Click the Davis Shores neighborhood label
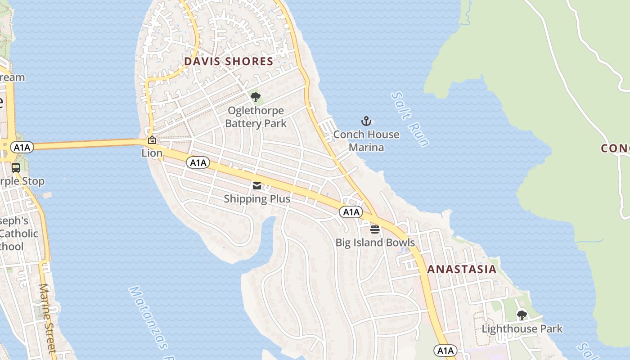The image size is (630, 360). (229, 62)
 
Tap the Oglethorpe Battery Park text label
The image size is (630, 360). (256, 117)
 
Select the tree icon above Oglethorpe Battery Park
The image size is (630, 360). (256, 97)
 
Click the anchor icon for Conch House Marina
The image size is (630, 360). (366, 121)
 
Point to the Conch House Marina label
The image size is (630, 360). (366, 141)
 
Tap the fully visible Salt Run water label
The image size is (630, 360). (409, 119)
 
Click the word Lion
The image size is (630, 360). (152, 153)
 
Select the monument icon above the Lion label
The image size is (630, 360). (152, 140)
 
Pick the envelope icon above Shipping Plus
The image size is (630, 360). (257, 185)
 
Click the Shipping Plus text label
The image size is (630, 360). (257, 198)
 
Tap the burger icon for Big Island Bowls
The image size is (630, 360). (375, 229)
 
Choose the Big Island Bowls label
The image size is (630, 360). (375, 243)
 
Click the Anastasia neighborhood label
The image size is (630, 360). (462, 270)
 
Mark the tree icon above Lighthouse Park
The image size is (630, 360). (522, 315)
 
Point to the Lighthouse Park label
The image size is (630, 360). (522, 329)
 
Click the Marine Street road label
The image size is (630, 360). (47, 318)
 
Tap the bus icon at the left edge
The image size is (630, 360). (16, 168)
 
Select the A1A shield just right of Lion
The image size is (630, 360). (198, 162)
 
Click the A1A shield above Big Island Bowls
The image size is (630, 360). (351, 212)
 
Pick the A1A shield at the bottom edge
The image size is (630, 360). (445, 351)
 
